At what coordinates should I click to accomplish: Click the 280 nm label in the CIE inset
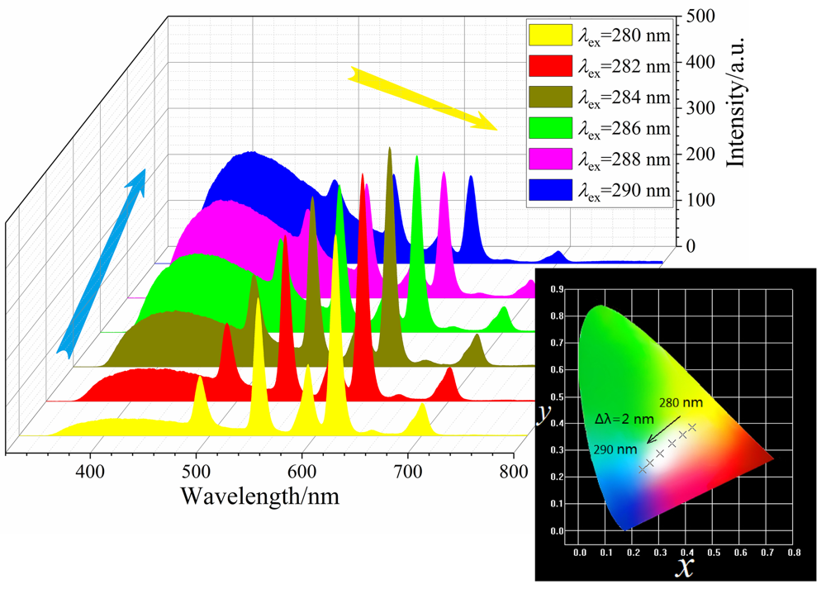click(681, 402)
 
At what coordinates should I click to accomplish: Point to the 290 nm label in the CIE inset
click(615, 450)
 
